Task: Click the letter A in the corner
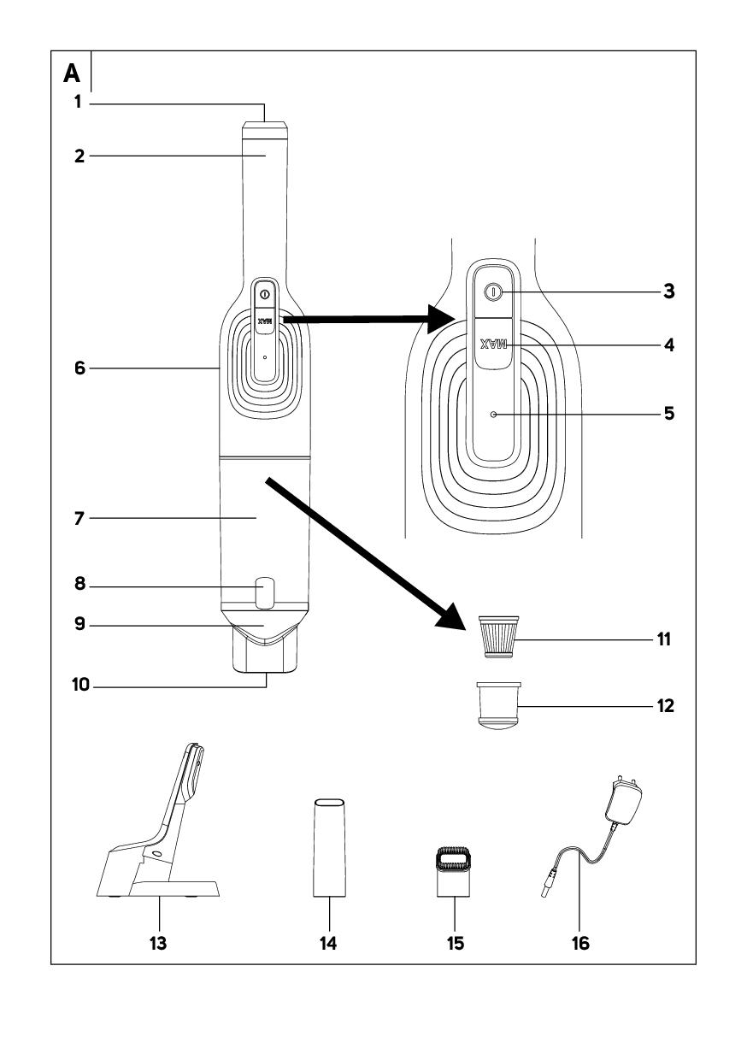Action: pos(71,75)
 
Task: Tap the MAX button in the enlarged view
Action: pos(492,344)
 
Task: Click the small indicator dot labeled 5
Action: pos(493,414)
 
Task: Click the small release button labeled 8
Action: pos(265,592)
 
